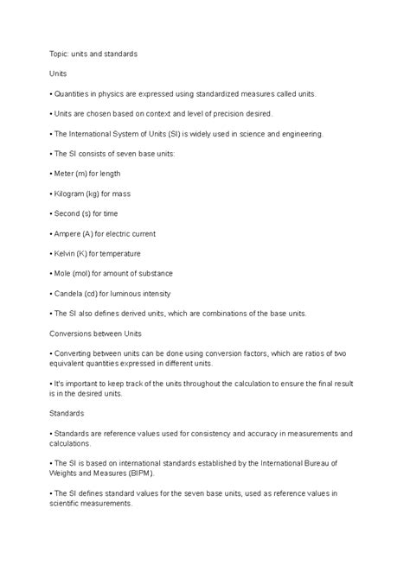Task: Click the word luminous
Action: pos(126,293)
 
